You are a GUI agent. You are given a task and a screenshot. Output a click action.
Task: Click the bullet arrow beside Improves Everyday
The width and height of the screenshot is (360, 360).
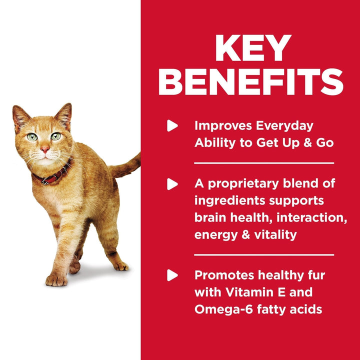[x=172, y=125]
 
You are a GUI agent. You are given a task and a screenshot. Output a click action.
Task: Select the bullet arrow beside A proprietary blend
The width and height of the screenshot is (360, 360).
[x=172, y=184]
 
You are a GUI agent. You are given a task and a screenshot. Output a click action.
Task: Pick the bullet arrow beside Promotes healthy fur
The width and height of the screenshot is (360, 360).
[x=172, y=274]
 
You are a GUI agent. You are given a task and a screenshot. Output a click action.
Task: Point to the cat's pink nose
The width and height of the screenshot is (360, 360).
[x=45, y=149]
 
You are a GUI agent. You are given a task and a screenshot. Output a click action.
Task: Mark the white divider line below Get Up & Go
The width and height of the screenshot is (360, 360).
[x=263, y=163]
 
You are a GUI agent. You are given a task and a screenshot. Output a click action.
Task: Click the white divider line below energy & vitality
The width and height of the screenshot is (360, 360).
[x=263, y=254]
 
